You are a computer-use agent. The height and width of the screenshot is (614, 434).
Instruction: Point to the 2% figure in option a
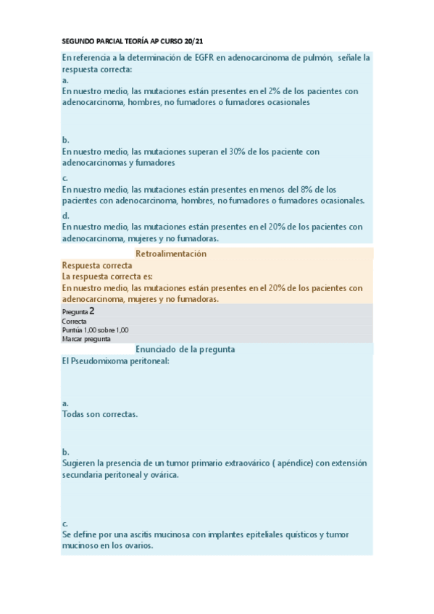[272, 91]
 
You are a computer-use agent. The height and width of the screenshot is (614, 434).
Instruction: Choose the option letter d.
[65, 215]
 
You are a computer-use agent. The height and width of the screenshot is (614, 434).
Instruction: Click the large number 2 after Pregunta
[92, 311]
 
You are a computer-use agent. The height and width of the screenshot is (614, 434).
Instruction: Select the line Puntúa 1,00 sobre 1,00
[96, 329]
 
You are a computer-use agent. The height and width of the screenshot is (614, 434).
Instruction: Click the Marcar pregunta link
[86, 338]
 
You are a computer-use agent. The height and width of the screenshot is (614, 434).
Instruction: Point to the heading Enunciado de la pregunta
[185, 349]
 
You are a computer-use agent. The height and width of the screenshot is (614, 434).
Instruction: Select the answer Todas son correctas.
[100, 414]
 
